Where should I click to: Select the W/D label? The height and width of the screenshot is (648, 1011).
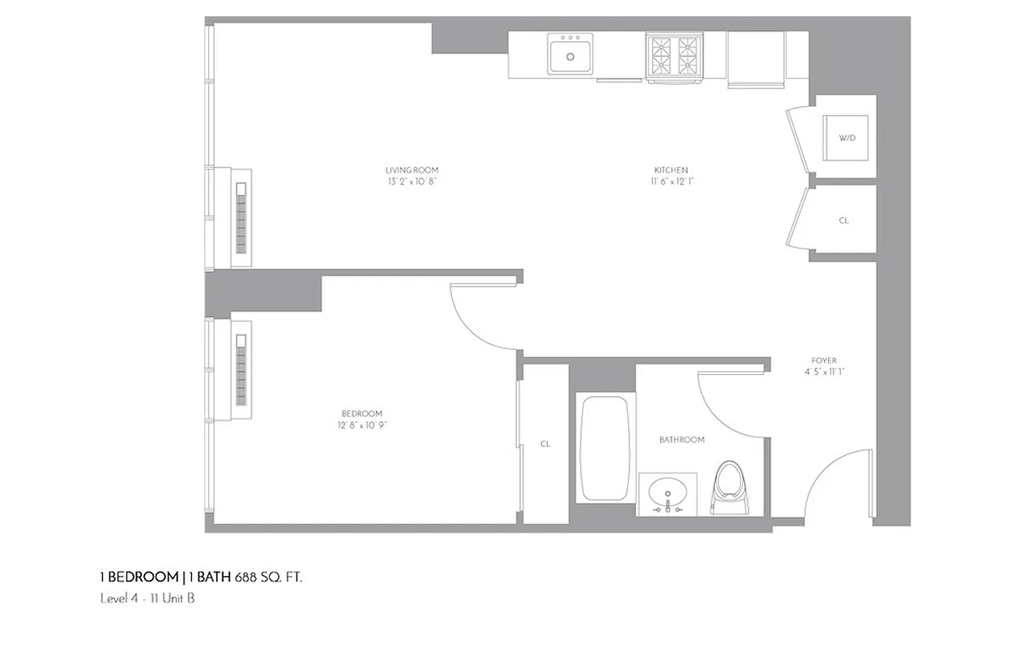847,138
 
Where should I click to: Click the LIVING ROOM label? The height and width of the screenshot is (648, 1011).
412,170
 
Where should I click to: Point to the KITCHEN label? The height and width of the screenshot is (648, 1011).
671,170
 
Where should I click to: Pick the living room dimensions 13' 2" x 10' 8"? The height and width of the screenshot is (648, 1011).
412,181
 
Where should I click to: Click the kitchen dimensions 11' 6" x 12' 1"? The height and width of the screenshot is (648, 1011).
672,181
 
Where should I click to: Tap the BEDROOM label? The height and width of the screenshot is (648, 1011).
360,414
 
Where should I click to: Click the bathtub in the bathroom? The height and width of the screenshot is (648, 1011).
605,448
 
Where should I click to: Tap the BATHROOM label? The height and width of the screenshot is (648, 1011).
681,440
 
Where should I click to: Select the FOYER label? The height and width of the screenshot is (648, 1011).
824,360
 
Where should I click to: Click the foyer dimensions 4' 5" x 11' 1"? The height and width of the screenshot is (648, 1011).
824,372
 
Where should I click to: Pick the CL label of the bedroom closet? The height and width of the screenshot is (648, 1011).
545,444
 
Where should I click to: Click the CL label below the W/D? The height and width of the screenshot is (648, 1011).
843,220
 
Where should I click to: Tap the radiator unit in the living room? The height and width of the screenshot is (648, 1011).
241,218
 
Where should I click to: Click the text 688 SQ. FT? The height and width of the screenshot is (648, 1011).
269,578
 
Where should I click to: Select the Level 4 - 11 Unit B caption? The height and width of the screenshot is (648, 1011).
147,599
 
